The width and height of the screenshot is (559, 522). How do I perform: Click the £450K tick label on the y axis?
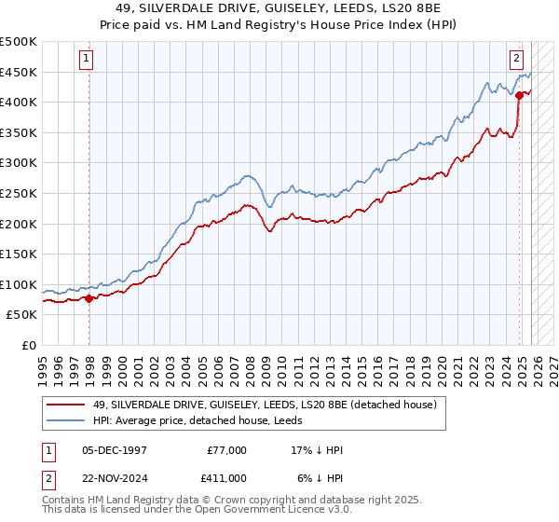[19, 73]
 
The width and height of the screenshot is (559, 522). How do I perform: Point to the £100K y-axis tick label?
[19, 284]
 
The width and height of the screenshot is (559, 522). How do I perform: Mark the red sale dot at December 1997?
[89, 298]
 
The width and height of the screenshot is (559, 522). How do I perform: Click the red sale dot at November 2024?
[520, 95]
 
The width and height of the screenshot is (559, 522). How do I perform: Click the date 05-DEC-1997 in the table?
[115, 450]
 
